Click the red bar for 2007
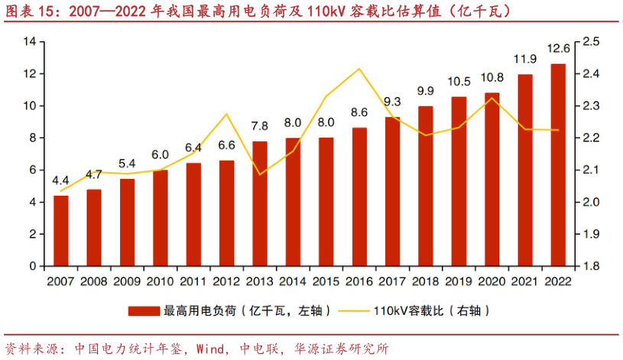61,231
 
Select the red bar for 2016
359,196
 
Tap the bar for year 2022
558,164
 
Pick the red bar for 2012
227,213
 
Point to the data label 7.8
260,126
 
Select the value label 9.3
392,102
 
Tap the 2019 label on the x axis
459,282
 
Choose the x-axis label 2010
161,282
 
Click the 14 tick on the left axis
31,41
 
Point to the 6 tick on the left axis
34,170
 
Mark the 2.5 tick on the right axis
592,41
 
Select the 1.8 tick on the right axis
592,266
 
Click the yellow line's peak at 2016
359,69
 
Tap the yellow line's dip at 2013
260,174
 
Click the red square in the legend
144,311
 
